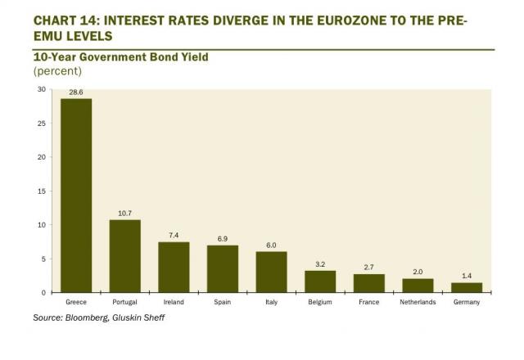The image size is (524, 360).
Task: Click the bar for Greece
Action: point(76,196)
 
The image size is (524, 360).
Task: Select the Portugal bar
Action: point(124,256)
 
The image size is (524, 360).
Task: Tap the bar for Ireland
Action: point(174,268)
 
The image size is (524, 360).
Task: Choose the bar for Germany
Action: point(466,288)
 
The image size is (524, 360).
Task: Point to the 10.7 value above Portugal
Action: point(124,214)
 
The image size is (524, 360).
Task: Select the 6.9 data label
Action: point(223,239)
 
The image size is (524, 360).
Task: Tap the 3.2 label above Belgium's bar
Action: point(320,264)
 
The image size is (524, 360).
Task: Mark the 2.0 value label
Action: point(418,272)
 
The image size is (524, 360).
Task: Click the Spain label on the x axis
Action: point(223,302)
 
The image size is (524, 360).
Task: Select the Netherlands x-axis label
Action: point(418,302)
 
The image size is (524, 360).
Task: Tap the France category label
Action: point(368,302)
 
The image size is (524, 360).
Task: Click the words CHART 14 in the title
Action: point(62,13)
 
